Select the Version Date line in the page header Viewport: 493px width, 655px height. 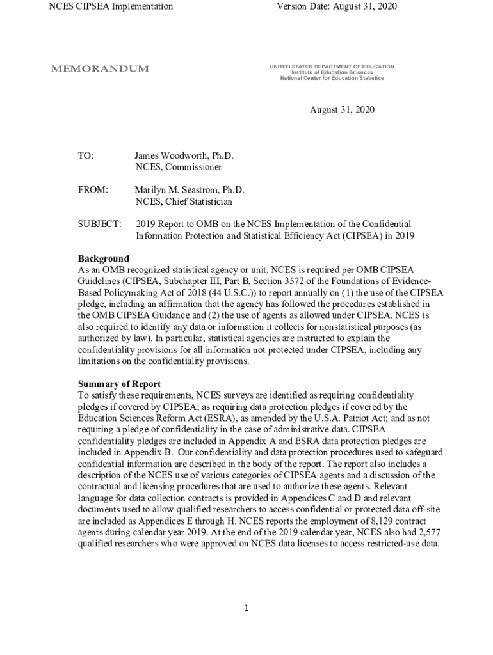point(336,6)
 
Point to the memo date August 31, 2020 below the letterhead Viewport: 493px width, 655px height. point(342,110)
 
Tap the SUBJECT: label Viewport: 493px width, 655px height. point(100,224)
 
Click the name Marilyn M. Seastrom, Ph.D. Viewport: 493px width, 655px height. point(190,190)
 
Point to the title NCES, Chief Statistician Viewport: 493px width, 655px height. point(184,201)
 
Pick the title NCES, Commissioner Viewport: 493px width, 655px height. point(179,168)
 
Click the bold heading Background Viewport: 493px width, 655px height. point(104,259)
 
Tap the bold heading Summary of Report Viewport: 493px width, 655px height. point(120,384)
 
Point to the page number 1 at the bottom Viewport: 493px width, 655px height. point(247,608)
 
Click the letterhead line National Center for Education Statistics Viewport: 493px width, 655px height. point(332,78)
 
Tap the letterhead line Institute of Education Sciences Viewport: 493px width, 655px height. point(332,72)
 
